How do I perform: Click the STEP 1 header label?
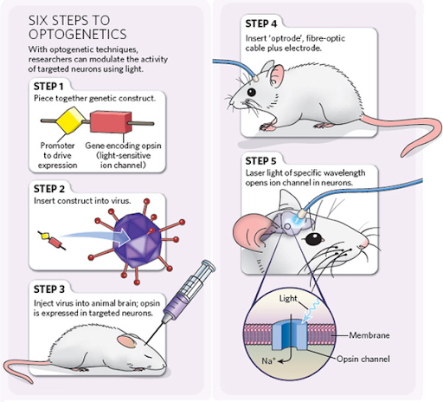tap(48, 86)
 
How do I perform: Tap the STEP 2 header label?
tap(49, 188)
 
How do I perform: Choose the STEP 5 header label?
tap(263, 160)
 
